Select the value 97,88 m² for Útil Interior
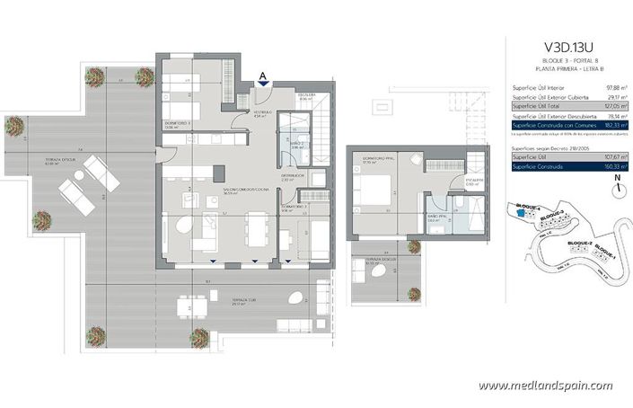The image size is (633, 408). pyautogui.click(x=613, y=87)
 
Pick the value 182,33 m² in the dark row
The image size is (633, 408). pyautogui.click(x=612, y=126)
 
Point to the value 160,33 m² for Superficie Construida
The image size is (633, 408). pyautogui.click(x=612, y=165)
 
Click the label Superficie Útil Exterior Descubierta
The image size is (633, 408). pyautogui.click(x=545, y=116)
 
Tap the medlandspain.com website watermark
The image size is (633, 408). pyautogui.click(x=545, y=386)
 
